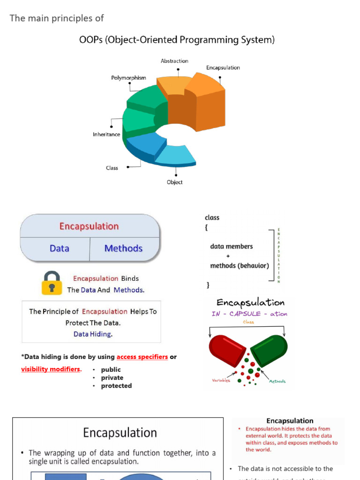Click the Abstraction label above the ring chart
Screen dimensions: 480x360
click(174, 61)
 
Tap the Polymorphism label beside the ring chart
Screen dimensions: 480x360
click(128, 78)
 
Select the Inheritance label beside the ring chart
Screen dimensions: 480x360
click(106, 135)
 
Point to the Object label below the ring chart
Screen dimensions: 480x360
click(175, 182)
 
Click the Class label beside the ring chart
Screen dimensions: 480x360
click(112, 168)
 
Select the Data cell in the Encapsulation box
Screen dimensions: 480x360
click(60, 248)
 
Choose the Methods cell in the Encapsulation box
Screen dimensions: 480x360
click(123, 248)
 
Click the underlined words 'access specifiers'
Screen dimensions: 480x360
click(142, 357)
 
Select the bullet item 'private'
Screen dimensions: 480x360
click(112, 378)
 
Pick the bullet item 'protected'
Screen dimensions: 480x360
click(116, 386)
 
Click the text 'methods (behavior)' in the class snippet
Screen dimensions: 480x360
click(240, 266)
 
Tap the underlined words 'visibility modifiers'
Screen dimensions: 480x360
click(51, 369)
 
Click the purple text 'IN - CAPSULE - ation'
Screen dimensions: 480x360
click(249, 314)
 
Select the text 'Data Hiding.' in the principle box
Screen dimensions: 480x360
click(93, 334)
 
